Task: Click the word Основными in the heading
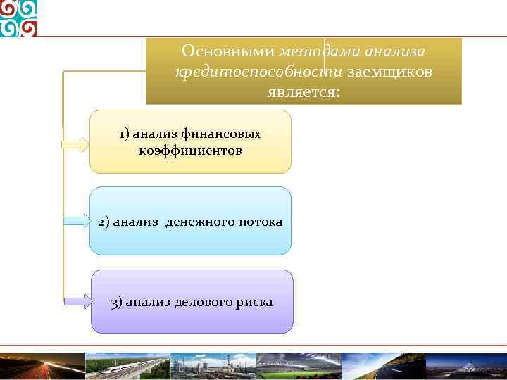(227, 51)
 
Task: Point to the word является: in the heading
(303, 92)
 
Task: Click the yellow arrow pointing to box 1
(75, 145)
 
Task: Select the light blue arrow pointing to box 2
(75, 221)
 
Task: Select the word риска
(255, 303)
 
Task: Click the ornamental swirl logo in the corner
(19, 18)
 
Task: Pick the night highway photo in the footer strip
(42, 366)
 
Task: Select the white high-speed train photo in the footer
(127, 366)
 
